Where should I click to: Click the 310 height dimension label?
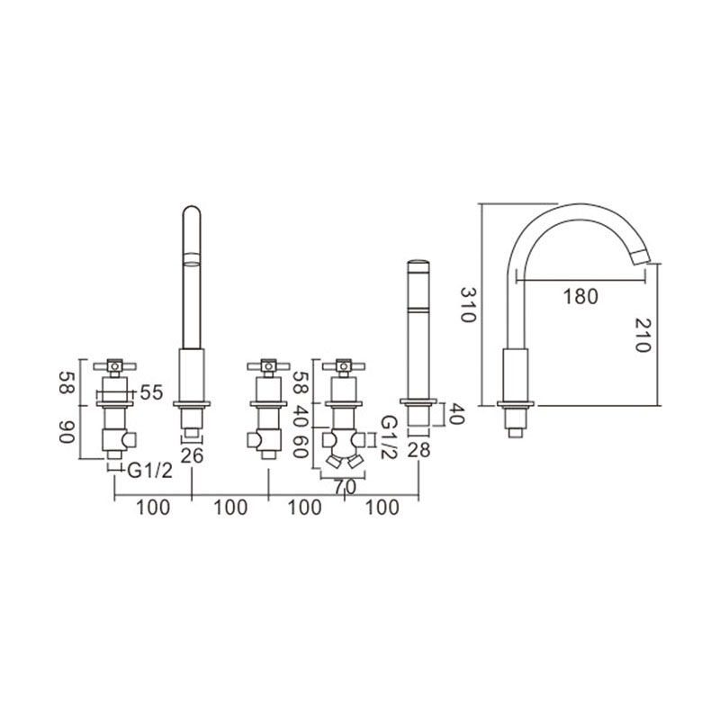pyautogui.click(x=467, y=304)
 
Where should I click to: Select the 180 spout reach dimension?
pyautogui.click(x=580, y=296)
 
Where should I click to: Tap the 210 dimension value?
pyautogui.click(x=643, y=335)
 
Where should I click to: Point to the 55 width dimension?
pyautogui.click(x=151, y=392)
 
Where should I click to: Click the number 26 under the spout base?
pyautogui.click(x=192, y=455)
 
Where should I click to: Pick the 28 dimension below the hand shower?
pyautogui.click(x=418, y=451)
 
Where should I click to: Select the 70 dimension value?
pyautogui.click(x=345, y=487)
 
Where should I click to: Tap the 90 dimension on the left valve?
pyautogui.click(x=67, y=433)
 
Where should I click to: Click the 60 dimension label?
pyautogui.click(x=301, y=446)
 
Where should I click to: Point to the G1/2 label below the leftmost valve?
pyautogui.click(x=149, y=471)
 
